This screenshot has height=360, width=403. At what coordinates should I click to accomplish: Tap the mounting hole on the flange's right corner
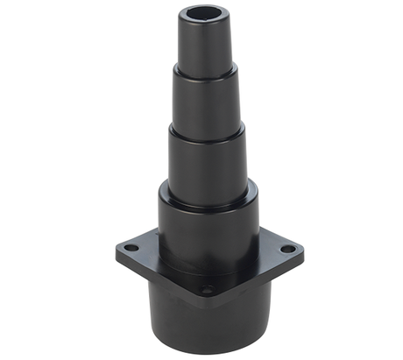point(286,249)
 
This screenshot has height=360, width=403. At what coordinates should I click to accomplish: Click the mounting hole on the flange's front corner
point(208,288)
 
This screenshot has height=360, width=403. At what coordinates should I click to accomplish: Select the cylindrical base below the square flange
point(210,320)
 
